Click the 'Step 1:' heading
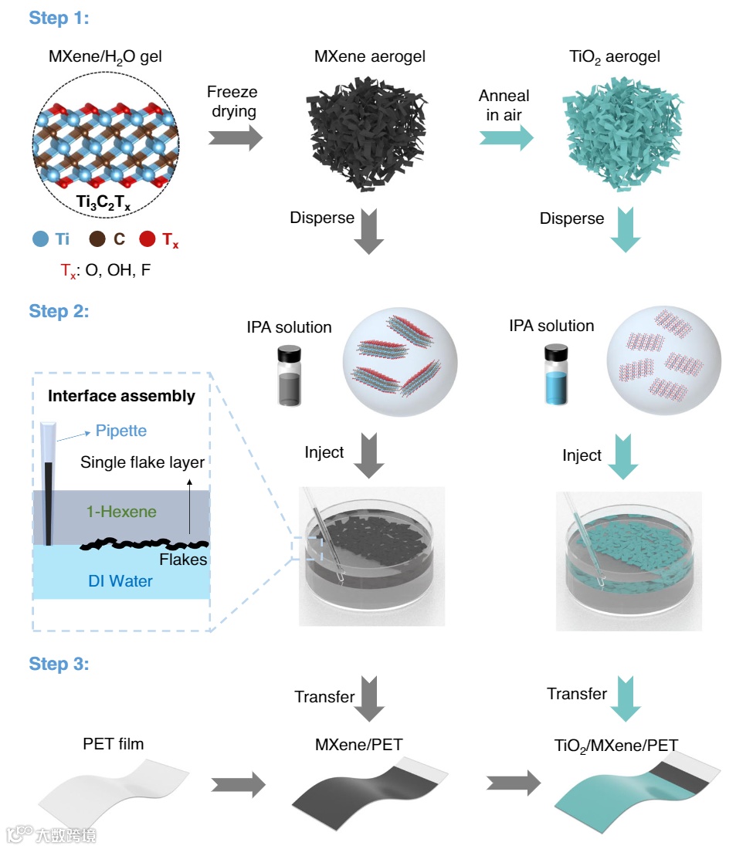[x=59, y=18]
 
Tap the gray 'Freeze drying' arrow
[x=235, y=138]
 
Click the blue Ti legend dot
[x=40, y=240]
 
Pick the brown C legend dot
[x=97, y=240]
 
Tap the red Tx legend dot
[x=146, y=240]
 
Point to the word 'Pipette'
[x=120, y=431]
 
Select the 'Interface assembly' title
[x=121, y=397]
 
